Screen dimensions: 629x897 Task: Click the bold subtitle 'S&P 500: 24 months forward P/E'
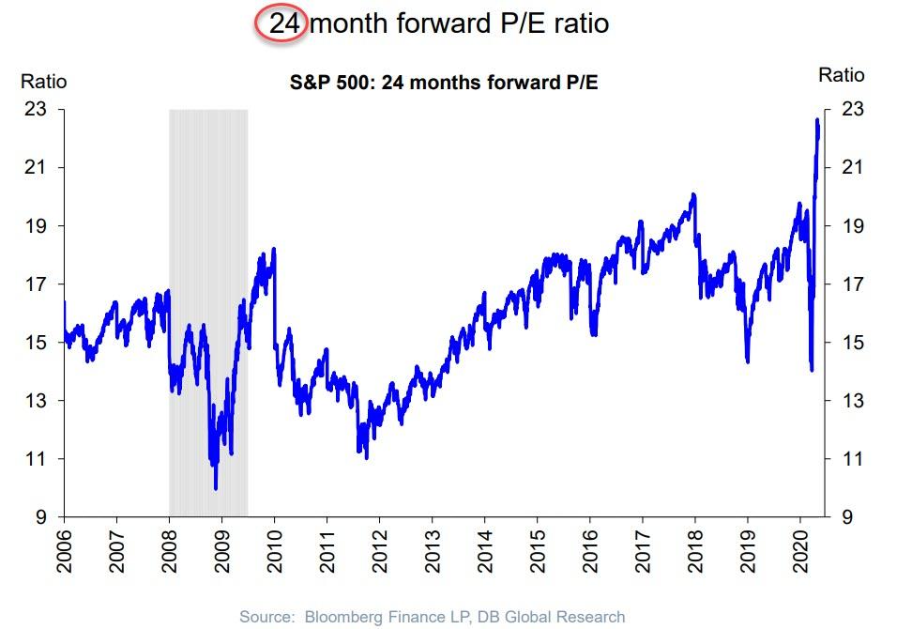point(444,84)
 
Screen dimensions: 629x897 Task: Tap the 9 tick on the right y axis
point(847,517)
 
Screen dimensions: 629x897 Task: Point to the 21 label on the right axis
point(851,168)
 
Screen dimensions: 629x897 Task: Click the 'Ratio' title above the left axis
point(43,82)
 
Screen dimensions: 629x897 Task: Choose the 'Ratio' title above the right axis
point(842,75)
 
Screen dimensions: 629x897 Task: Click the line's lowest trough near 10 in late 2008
point(216,488)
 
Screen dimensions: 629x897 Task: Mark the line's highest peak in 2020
point(817,120)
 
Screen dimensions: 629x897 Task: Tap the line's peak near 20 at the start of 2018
point(692,194)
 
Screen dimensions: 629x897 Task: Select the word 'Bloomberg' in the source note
point(331,617)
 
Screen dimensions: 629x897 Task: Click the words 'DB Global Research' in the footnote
point(557,617)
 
